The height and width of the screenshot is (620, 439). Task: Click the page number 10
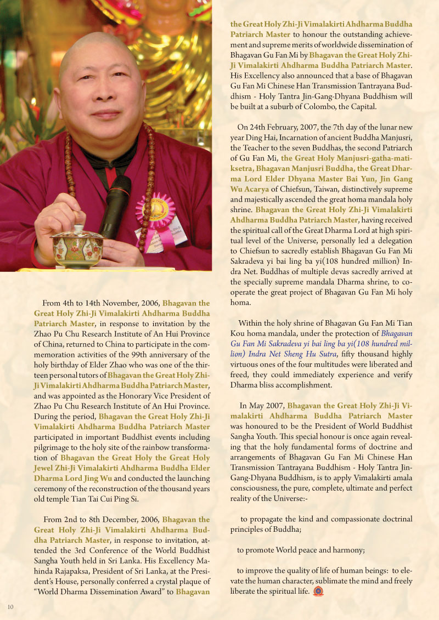(x=10, y=606)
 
